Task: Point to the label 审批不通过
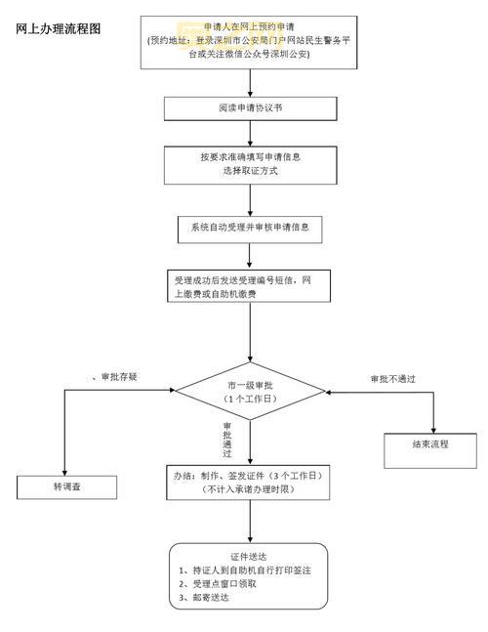[395, 378]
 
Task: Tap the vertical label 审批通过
[227, 440]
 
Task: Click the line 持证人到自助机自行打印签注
[244, 569]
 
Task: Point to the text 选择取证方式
[250, 171]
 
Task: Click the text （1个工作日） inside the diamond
[251, 399]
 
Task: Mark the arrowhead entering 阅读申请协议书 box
[251, 94]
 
